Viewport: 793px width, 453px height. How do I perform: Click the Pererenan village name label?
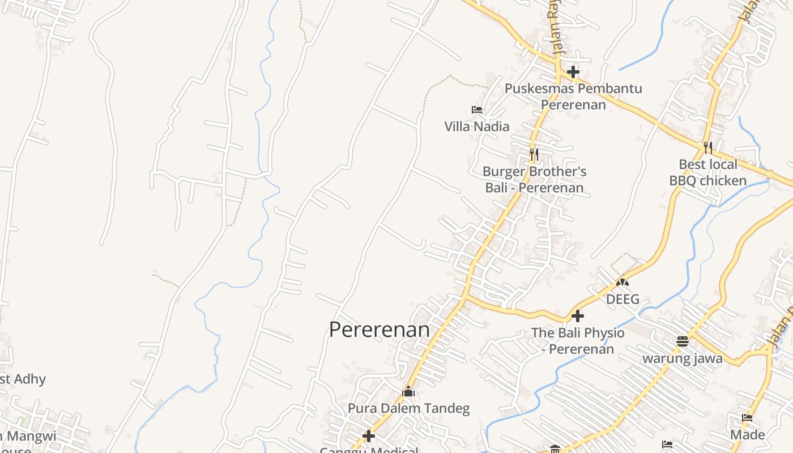point(379,330)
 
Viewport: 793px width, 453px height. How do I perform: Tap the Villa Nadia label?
point(476,126)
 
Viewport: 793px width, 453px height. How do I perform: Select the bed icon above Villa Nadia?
point(477,110)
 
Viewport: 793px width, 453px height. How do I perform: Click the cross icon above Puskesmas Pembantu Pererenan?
point(573,72)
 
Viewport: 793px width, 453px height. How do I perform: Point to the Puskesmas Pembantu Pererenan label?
point(573,96)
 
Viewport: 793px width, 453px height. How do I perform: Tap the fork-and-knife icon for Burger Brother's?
point(534,153)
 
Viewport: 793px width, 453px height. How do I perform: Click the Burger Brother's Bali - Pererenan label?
point(534,180)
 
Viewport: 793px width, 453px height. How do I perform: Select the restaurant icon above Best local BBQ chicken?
point(708,148)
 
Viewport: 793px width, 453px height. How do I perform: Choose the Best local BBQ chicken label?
point(708,173)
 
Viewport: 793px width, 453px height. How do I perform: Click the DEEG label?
point(623,299)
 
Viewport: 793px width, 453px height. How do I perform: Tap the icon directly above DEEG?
point(623,282)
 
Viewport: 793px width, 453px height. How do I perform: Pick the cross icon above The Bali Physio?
point(578,316)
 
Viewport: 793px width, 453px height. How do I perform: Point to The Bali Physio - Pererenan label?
point(578,340)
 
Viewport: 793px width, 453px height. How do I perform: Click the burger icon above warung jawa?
point(683,341)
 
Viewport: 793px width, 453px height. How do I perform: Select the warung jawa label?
point(682,358)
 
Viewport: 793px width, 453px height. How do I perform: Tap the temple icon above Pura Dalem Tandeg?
point(408,391)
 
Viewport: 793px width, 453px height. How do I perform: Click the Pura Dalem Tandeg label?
point(408,408)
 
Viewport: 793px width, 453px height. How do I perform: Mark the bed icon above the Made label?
point(747,418)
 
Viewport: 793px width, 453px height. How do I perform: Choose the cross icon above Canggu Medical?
point(369,436)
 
